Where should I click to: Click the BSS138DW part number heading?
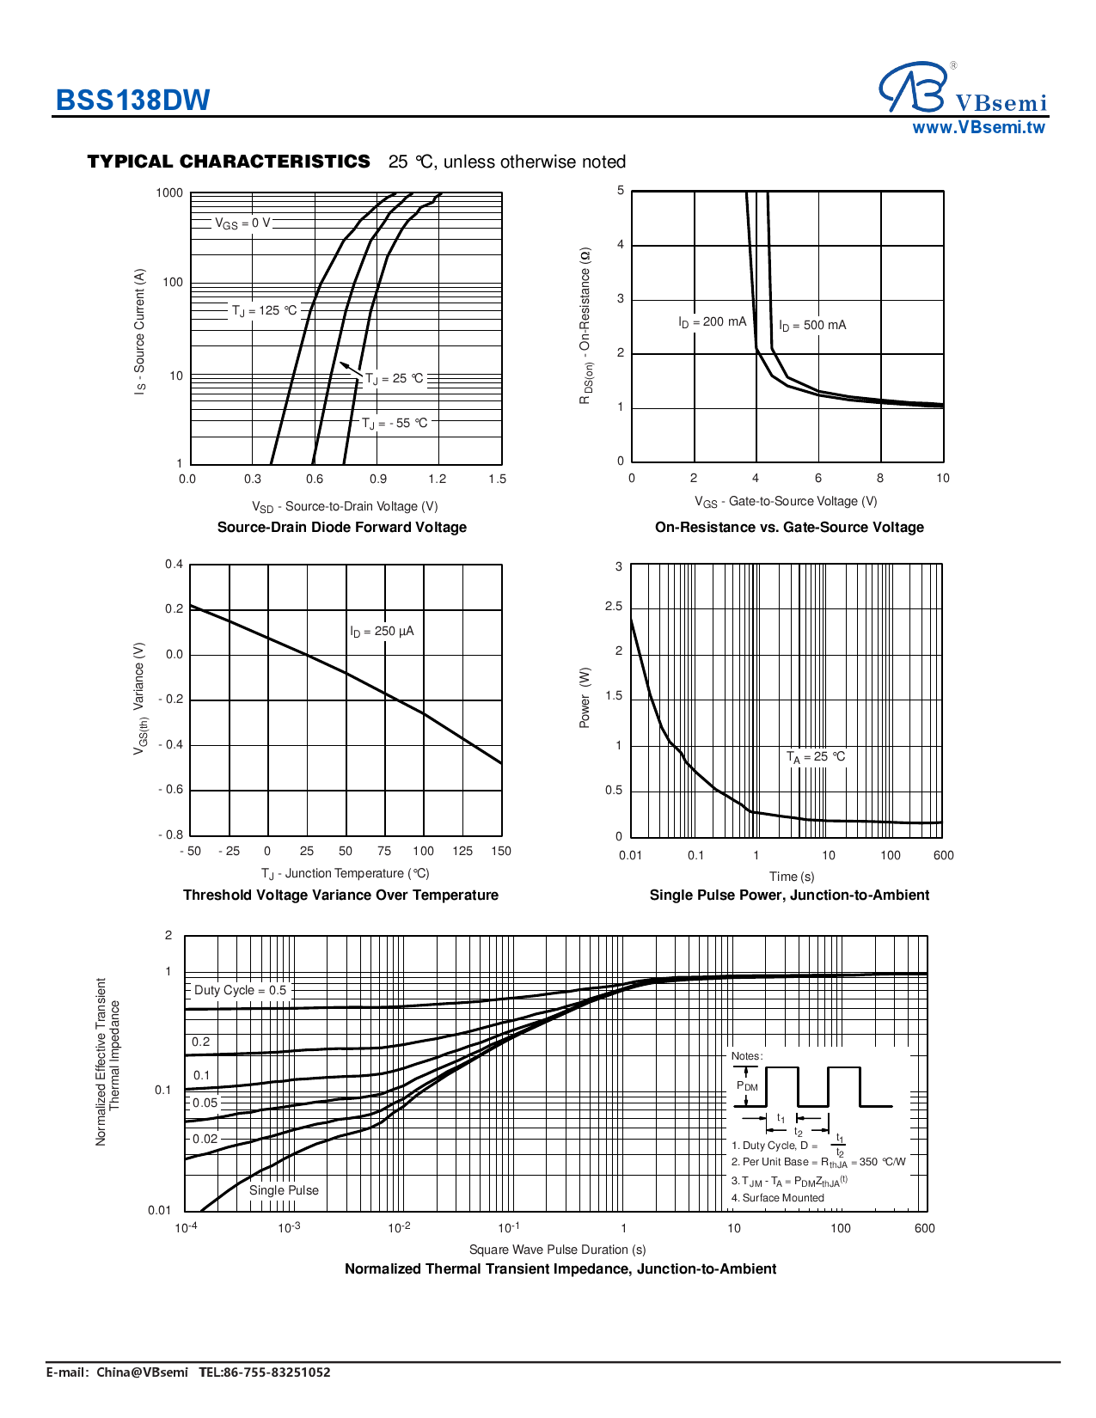point(132,101)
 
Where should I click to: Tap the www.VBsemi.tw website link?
point(978,128)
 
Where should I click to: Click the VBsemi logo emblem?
point(914,87)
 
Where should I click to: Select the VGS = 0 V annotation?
point(242,223)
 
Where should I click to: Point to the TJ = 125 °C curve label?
point(264,311)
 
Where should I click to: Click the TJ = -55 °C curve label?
point(394,424)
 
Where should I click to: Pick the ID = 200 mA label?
point(712,322)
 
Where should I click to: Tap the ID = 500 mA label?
point(812,326)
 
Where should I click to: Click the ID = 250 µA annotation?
point(382,632)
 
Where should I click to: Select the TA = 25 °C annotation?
point(816,757)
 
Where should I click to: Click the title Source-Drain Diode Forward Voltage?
point(341,528)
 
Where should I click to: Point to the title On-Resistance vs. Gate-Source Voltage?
point(789,528)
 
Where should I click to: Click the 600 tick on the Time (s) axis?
point(943,855)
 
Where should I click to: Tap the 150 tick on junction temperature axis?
point(500,852)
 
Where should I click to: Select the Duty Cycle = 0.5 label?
point(240,990)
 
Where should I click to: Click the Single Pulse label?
point(284,1190)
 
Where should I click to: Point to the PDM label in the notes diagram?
point(747,1087)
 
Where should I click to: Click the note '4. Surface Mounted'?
point(777,1198)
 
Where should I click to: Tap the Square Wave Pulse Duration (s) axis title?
point(557,1250)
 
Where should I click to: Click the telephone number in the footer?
point(265,1372)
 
